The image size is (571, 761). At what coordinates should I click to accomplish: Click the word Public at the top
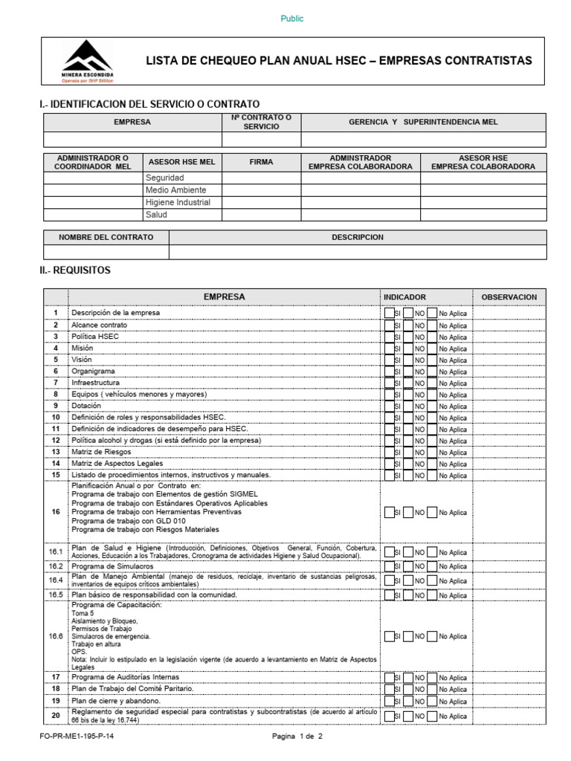coord(291,19)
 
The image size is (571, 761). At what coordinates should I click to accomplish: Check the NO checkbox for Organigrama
coord(409,372)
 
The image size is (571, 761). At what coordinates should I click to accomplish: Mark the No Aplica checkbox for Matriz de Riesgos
coord(432,453)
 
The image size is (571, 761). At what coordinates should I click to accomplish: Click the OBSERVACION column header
coord(509,297)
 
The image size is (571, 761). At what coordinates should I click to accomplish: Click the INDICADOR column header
coord(404,297)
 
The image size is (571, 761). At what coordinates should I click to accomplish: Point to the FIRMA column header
coord(261,162)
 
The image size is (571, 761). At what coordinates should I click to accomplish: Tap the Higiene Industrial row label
coord(178,203)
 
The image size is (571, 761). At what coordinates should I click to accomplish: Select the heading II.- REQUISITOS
coord(75,271)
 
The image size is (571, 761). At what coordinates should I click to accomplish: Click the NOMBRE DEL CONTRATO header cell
coord(106,237)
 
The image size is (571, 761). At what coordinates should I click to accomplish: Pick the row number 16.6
coord(56,636)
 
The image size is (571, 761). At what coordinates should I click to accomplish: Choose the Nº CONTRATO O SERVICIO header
coord(261,123)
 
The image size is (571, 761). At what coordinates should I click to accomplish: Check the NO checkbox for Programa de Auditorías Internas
coord(409,678)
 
